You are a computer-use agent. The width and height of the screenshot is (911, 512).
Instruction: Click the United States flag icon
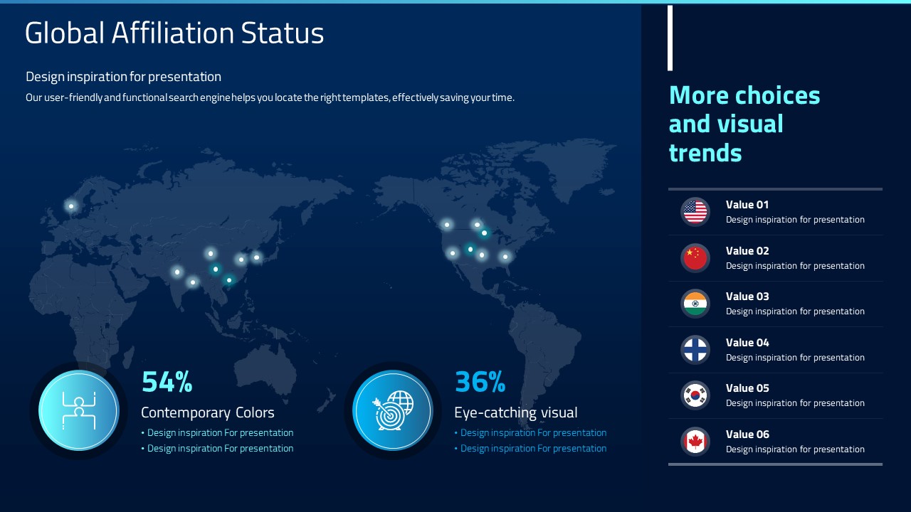695,212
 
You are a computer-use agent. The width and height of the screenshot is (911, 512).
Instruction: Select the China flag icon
695,258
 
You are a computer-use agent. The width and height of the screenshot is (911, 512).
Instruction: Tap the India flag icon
695,304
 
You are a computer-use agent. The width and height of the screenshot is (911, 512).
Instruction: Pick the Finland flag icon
695,350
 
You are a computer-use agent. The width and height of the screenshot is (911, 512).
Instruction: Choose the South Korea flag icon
695,396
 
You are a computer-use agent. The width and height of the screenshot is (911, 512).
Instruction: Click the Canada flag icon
695,442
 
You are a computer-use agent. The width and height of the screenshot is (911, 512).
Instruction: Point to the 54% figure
167,382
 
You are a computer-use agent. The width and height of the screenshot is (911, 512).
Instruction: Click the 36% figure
480,382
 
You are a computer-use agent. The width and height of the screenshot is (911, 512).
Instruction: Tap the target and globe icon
392,410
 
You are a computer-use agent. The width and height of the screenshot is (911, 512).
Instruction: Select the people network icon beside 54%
79,410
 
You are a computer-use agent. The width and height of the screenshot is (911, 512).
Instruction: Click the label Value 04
747,343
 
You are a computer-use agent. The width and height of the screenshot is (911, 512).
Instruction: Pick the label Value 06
747,434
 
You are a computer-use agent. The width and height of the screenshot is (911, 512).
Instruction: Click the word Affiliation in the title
173,33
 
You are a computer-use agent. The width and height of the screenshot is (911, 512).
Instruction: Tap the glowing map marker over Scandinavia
71,206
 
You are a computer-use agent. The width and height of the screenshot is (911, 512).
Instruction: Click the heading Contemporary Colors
207,413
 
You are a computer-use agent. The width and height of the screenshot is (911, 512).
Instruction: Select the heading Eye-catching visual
516,413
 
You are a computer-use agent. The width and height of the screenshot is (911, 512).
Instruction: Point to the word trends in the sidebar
705,153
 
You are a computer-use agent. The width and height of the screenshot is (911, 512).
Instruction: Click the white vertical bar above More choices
670,38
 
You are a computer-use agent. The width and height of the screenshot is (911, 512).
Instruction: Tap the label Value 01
747,205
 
